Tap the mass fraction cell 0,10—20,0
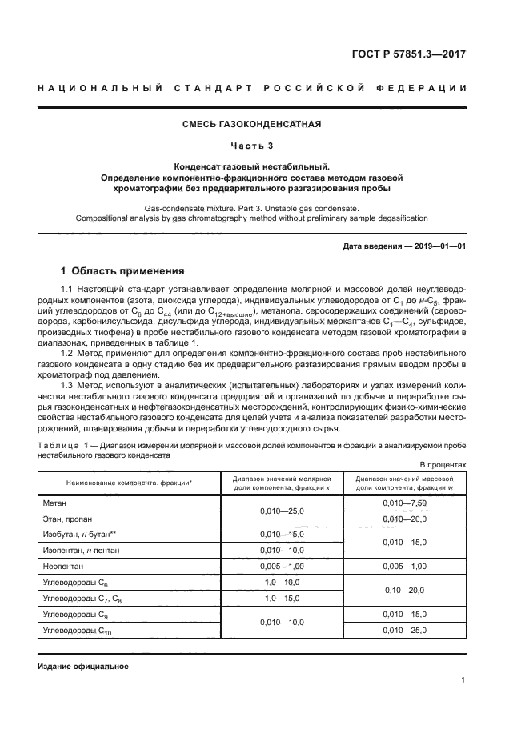pos(404,591)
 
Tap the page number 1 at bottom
pos(463,680)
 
